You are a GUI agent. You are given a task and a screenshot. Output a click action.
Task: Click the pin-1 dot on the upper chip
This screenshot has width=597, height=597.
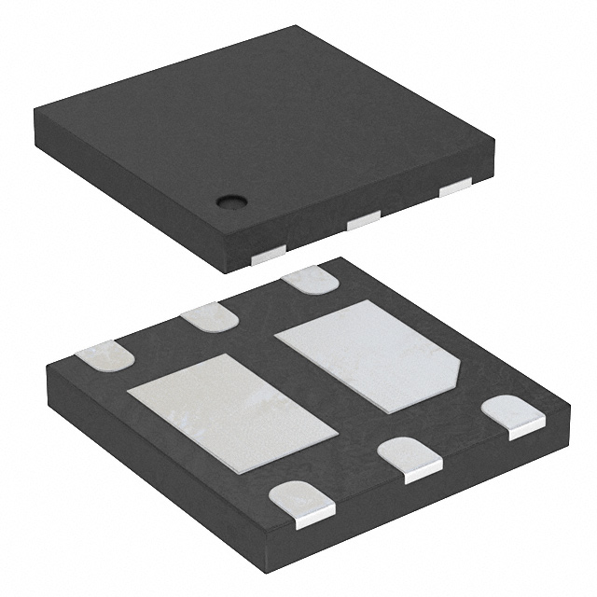pyautogui.click(x=229, y=200)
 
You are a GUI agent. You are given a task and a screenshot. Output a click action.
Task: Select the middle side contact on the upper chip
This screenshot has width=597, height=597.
pyautogui.click(x=363, y=221)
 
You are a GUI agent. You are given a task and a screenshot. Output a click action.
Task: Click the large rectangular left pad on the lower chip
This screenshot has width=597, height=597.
pyautogui.click(x=231, y=411)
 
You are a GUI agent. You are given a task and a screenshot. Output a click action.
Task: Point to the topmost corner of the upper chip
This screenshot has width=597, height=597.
pyautogui.click(x=296, y=28)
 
